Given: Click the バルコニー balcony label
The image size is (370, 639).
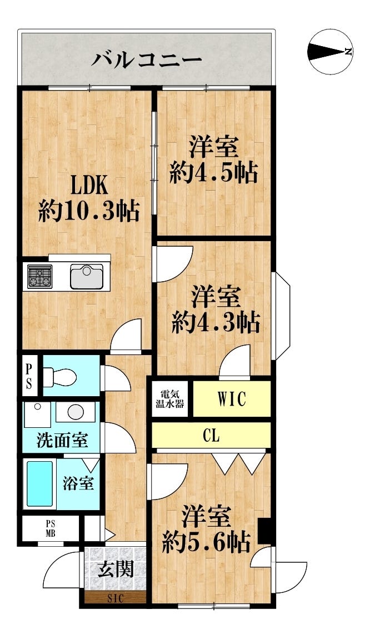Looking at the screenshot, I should pos(147,58).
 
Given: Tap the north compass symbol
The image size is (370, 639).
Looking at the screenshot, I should pos(331,52).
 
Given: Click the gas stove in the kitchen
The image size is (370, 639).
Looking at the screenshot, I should pos(39,276).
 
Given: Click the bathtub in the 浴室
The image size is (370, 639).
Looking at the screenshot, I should pos(40,483).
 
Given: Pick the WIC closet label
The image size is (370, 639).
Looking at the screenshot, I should pos(232,399).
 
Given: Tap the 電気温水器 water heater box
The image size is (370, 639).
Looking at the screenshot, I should pos(171,398).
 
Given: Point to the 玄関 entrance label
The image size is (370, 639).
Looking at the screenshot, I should pos(116,570).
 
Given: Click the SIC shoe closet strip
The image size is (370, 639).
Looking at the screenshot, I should pos(116,598).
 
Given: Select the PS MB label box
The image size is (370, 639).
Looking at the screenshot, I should pos(51,530).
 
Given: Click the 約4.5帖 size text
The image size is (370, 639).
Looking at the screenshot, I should pos(214,173).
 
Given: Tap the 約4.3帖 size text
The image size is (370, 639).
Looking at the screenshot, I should pos(216,322).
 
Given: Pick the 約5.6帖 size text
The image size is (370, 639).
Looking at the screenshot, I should pos(206,542).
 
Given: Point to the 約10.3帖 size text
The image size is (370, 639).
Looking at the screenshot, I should pos(88,212).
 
